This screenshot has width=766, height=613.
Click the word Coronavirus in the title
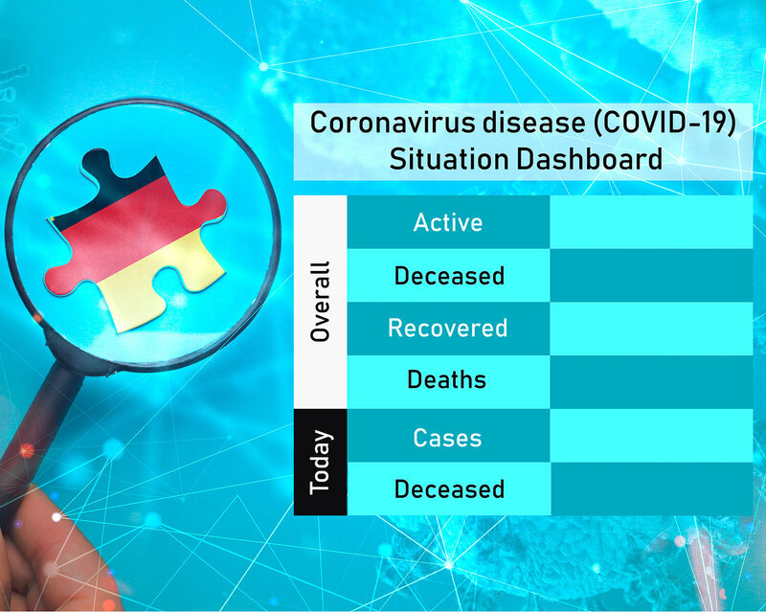coord(393,123)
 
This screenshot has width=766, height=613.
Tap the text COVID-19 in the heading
coord(665,123)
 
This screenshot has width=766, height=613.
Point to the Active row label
coord(448,222)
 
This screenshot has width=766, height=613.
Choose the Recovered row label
coord(448,328)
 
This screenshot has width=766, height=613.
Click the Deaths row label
coord(447,380)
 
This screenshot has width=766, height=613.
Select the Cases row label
coord(447,438)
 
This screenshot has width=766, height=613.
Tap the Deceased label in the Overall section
coord(449,276)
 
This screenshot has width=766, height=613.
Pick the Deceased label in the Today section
coord(449,488)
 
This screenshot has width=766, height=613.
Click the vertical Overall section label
coord(321,302)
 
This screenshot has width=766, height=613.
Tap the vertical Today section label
coord(321,463)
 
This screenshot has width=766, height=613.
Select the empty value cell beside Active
coord(651,222)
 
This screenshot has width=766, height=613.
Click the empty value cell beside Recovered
coord(651,329)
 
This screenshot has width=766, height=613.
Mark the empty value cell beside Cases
coord(651,436)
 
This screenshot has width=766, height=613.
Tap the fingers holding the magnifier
coord(49,553)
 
